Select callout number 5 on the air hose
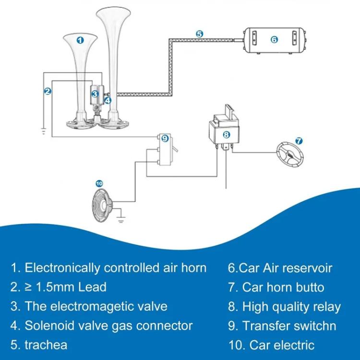point(200,34)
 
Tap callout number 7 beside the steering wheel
point(298,141)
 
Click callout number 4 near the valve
point(108,100)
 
